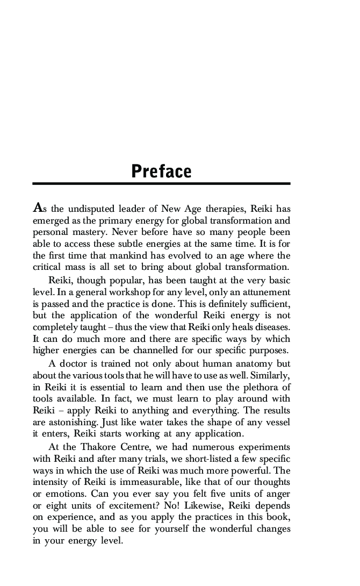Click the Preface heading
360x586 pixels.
click(x=161, y=171)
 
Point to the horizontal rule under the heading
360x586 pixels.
click(x=161, y=184)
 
